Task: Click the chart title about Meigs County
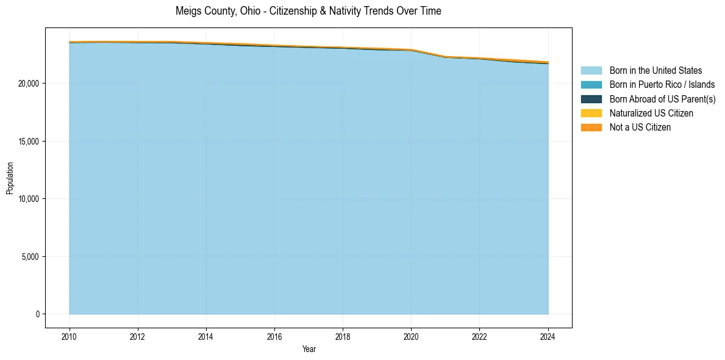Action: tap(308, 11)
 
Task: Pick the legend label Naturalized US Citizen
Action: tap(651, 113)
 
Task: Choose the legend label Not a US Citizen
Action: tap(640, 128)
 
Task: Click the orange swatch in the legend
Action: tap(591, 128)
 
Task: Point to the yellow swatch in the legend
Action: tap(591, 113)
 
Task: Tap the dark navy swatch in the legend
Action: tap(591, 99)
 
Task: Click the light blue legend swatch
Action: tap(591, 71)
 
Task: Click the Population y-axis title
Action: tap(10, 178)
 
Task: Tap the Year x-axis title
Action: tap(309, 350)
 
